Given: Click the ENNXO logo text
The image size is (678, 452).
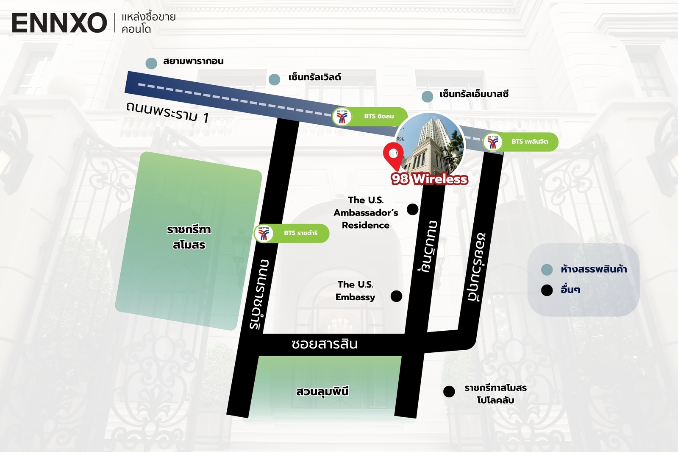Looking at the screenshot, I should [59, 23].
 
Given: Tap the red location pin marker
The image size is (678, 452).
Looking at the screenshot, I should [393, 155].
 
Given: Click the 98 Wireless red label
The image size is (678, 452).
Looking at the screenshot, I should [429, 179].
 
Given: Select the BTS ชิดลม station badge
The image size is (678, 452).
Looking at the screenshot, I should [370, 117].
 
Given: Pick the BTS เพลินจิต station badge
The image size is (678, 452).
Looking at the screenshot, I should [520, 142].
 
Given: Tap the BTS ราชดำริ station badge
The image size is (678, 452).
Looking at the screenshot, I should [292, 233].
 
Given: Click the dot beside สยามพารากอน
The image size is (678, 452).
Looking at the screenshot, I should [151, 64].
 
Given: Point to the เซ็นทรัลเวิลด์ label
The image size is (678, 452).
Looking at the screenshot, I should [314, 77].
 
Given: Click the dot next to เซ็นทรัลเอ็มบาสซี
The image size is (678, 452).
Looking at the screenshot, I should [427, 96].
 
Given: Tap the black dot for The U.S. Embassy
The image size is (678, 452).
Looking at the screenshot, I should [396, 296].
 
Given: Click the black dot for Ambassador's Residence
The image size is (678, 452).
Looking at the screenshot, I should [412, 209].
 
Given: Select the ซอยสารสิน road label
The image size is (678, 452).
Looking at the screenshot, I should [325, 343].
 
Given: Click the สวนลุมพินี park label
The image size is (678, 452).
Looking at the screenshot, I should [322, 391].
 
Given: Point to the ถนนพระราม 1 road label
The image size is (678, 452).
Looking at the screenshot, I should [167, 112].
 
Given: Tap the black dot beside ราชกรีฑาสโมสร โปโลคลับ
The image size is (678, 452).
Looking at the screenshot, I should [449, 391].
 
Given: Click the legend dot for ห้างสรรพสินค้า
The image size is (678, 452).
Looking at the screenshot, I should [547, 270].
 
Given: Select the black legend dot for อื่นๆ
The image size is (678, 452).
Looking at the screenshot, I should [547, 290].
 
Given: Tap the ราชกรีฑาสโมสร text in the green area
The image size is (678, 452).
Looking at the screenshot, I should [189, 237].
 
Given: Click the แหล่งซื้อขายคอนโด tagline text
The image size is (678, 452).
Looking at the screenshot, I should [148, 23].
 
